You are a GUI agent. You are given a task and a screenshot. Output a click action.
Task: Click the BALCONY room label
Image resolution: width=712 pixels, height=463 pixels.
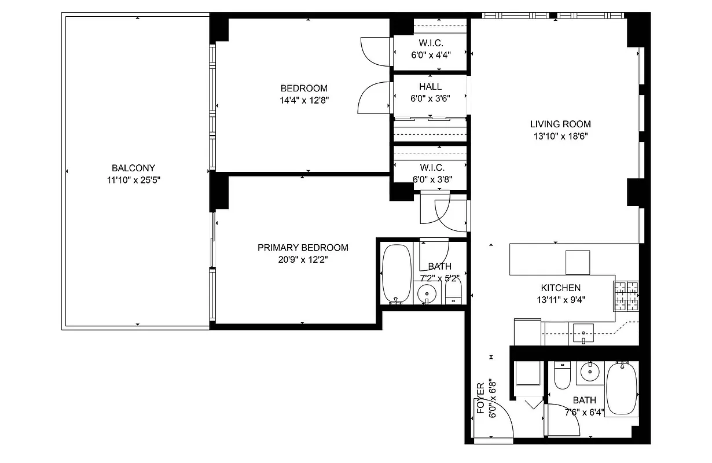coord(133,168)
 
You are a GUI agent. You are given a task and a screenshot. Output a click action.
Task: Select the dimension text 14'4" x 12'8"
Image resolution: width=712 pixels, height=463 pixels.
coord(304,100)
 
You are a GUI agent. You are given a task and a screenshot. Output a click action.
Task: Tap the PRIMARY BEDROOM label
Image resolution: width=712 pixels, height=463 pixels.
coord(303,248)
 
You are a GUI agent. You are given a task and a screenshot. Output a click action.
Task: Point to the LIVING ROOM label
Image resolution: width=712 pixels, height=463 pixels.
coord(560,124)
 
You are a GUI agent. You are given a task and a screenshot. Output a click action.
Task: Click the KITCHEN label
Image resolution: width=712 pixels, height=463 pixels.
coord(560,288)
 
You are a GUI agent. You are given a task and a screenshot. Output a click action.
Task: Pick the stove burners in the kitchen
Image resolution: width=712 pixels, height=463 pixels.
coord(626,295)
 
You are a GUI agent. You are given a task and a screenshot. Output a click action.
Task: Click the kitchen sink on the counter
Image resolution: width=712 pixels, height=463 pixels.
coord(584,333)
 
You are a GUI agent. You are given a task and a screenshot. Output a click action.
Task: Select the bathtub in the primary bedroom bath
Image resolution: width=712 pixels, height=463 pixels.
coord(397,273)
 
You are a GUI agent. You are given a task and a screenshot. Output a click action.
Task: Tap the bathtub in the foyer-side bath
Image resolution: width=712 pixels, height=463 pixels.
coord(621,389)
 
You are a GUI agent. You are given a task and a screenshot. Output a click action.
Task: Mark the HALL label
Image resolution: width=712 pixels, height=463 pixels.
coord(431,87)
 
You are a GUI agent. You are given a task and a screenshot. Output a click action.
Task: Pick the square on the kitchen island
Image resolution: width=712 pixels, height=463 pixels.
coord(577,262)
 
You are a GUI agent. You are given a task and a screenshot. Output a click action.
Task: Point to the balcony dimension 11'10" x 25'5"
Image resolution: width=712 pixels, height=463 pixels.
coord(133,180)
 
